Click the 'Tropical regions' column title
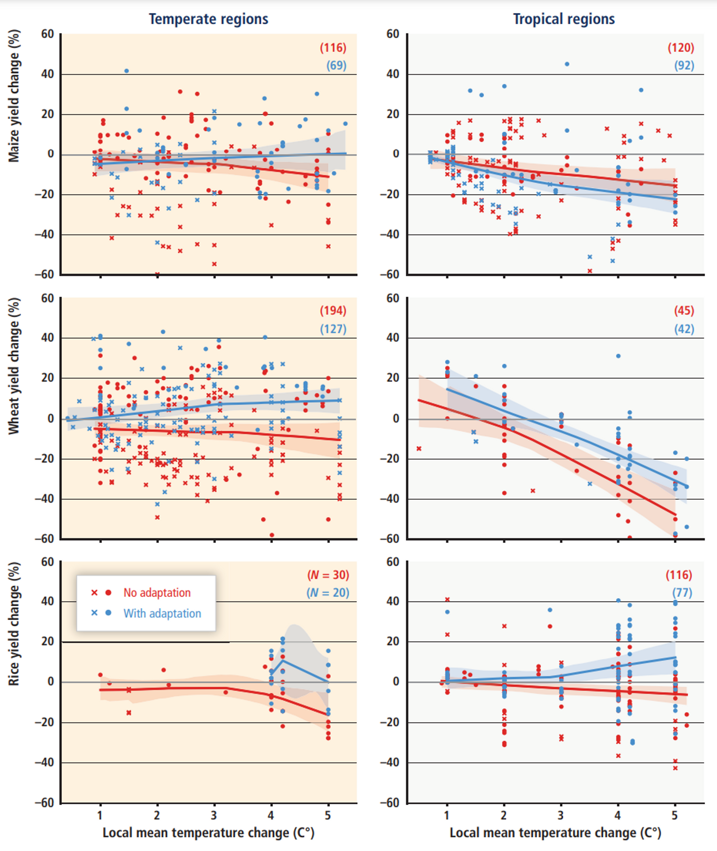pos(564,19)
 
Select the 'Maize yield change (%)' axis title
pos(14,96)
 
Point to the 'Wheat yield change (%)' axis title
pos(14,366)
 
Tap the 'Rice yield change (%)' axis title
pos(14,624)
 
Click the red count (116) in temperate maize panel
pos(333,48)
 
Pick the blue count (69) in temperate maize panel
pos(336,65)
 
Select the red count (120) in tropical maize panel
pos(681,48)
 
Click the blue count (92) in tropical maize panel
pos(684,65)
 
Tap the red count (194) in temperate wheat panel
pos(333,311)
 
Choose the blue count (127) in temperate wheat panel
pos(333,329)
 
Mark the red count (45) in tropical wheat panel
pos(684,311)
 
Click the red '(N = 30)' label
pos(328,575)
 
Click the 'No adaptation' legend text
pos(157,593)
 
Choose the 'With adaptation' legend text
pos(162,613)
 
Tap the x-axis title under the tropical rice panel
pos(555,833)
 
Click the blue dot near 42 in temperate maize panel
pos(126,71)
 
